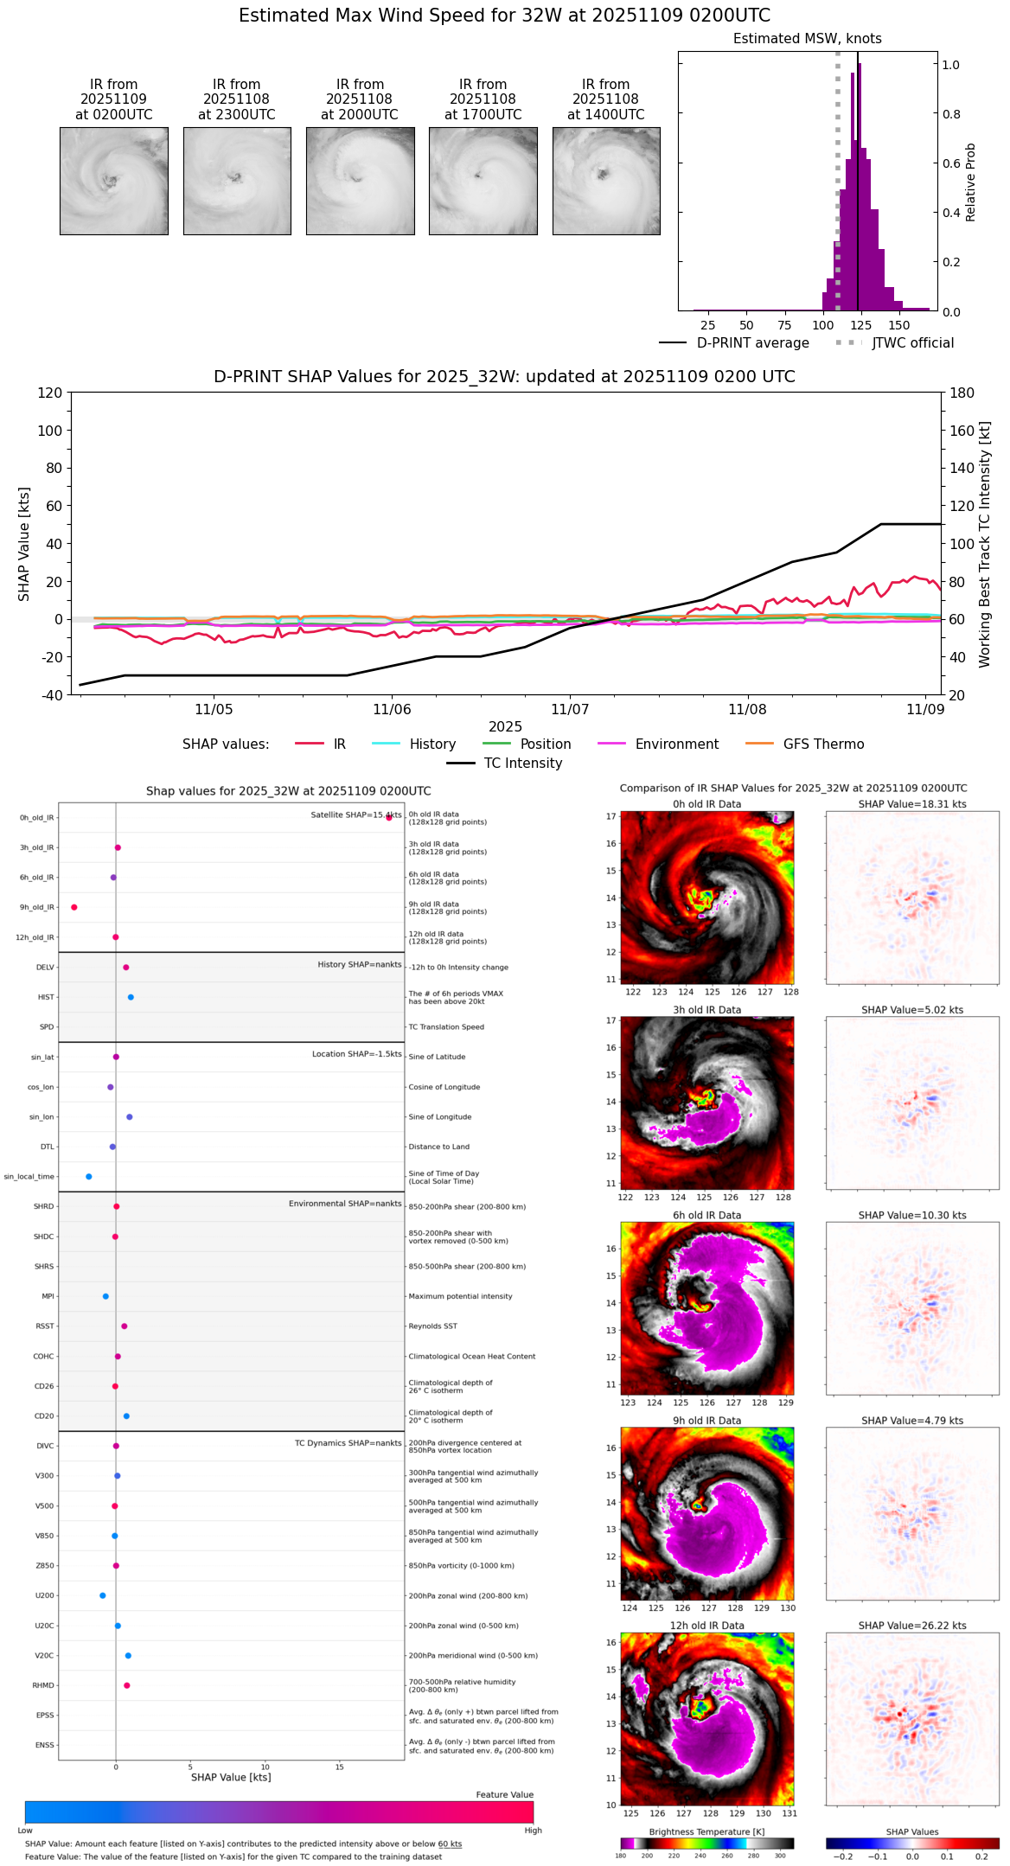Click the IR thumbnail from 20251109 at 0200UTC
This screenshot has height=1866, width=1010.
[114, 181]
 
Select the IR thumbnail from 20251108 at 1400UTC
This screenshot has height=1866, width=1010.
[606, 181]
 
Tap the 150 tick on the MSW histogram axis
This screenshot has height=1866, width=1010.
[899, 326]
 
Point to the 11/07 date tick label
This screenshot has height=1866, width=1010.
[570, 710]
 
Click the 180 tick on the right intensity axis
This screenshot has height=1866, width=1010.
[962, 393]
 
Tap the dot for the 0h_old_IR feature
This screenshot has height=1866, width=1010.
[389, 817]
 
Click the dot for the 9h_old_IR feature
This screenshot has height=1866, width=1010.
[74, 907]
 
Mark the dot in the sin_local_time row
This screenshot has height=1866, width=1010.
[89, 1177]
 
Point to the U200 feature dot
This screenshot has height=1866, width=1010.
[103, 1595]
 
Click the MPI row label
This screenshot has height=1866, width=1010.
[48, 1296]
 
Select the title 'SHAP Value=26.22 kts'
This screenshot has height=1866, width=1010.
[912, 1626]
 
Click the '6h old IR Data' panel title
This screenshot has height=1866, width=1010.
[706, 1215]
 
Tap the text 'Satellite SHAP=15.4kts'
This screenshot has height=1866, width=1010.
[355, 815]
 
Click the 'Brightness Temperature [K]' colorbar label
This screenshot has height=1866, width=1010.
[706, 1831]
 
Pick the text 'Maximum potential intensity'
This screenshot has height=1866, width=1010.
[460, 1296]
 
